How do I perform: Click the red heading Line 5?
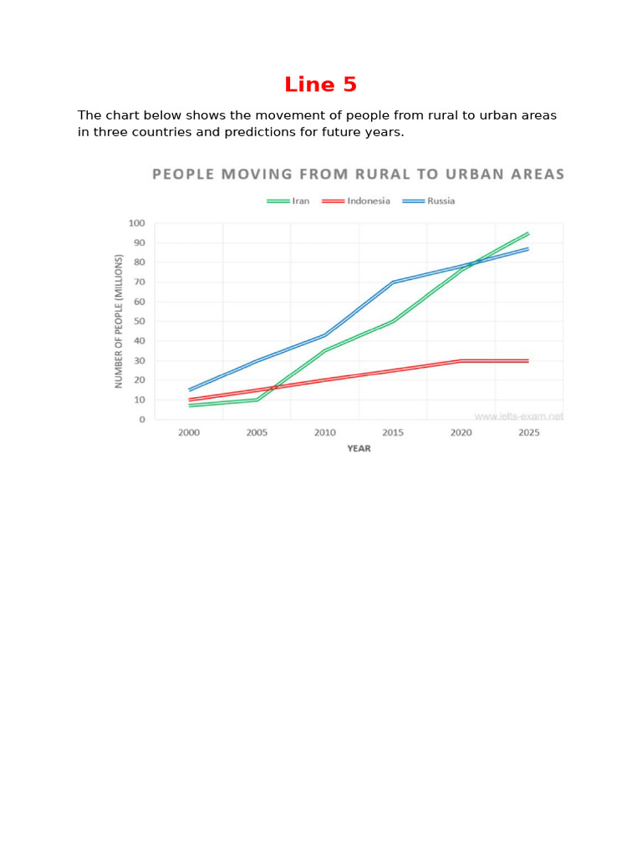point(320,84)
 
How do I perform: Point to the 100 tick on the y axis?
point(136,223)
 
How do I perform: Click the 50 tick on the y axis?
point(138,322)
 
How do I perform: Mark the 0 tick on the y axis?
point(142,420)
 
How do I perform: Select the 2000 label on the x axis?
point(189,433)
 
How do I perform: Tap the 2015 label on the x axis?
point(392,433)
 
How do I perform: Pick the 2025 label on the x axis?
point(527,433)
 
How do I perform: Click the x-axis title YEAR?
point(359,449)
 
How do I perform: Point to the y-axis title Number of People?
point(119,321)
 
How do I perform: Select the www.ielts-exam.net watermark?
point(519,415)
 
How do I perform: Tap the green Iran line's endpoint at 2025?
point(527,233)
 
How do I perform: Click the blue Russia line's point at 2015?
point(392,283)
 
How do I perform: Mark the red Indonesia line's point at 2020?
point(460,361)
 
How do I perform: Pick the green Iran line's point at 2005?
point(257,400)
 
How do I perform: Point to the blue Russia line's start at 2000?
point(190,390)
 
